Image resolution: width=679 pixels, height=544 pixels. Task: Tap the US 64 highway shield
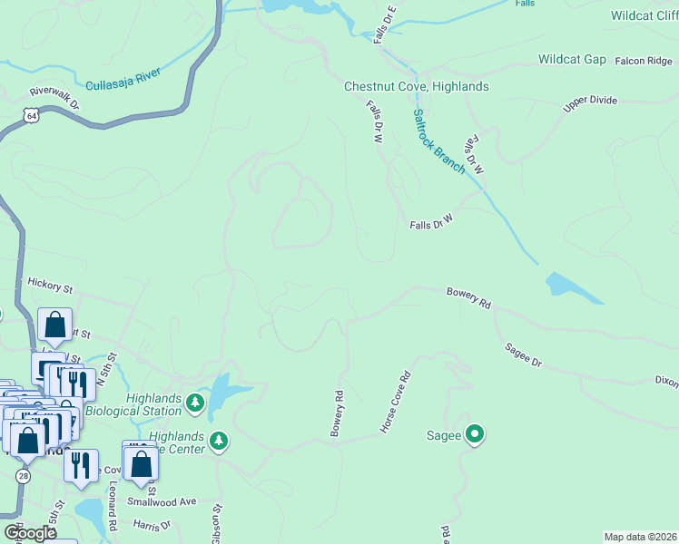click(x=33, y=117)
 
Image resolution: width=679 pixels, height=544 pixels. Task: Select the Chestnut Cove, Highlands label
click(x=416, y=87)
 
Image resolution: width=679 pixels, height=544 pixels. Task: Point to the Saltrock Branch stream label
click(x=438, y=141)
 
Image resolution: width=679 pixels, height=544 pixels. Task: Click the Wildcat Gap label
click(x=572, y=60)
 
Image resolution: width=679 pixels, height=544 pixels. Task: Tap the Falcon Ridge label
click(x=644, y=61)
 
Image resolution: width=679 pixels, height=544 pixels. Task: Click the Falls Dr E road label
click(x=385, y=25)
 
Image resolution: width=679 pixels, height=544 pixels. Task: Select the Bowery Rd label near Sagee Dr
click(x=468, y=298)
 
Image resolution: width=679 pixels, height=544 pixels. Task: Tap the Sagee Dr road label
click(x=523, y=355)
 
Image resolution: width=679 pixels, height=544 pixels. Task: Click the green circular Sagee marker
click(x=474, y=435)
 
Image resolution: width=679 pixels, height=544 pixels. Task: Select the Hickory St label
click(x=50, y=286)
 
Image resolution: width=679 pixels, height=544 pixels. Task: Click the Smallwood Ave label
click(x=162, y=501)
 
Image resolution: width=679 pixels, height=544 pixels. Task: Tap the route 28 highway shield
click(x=23, y=476)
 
